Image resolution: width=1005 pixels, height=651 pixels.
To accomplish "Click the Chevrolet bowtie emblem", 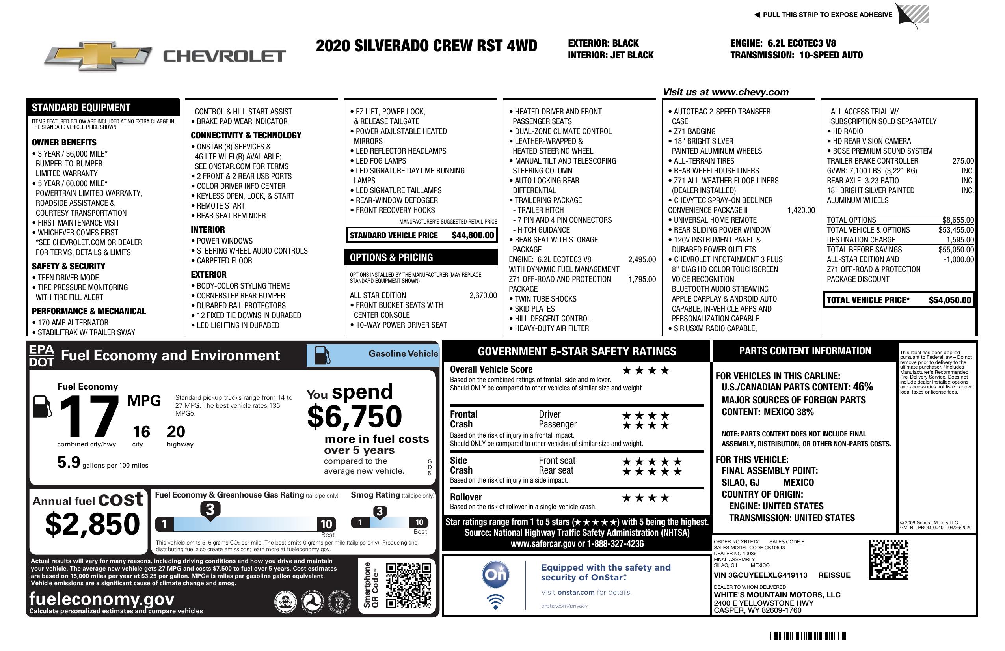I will click(98, 56).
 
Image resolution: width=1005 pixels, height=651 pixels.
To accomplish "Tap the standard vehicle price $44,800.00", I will click(473, 235).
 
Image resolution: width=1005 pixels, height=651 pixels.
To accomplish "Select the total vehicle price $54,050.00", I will click(950, 300).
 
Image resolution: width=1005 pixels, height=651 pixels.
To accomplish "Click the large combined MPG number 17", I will click(89, 416).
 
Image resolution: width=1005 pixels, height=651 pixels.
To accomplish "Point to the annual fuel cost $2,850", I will click(92, 524).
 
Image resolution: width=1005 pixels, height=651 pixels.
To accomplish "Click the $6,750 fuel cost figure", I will click(355, 416).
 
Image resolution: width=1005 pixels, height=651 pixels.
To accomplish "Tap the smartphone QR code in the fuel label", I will click(408, 585).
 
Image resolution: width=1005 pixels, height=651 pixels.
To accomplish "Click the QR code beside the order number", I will click(888, 560).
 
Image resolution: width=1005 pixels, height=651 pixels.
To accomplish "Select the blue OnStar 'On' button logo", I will click(495, 575).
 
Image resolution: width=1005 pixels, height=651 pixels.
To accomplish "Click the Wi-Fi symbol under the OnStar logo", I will click(495, 601).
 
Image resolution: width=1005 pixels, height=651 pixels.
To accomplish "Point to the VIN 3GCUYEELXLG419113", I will click(760, 575).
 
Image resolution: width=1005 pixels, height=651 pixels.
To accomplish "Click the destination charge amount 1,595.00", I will click(960, 239).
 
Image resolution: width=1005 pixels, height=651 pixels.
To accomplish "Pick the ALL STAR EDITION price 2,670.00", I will click(483, 295).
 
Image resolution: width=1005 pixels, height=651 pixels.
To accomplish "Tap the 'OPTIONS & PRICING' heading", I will click(391, 257).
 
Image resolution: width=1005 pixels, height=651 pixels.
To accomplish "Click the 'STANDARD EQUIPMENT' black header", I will click(81, 107).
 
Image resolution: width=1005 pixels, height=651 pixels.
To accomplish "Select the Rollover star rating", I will click(646, 498).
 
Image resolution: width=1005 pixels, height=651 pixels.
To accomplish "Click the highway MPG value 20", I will click(176, 432).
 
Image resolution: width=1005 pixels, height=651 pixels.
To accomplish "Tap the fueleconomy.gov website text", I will click(102, 599).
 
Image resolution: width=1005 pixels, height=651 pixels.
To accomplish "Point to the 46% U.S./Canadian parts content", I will click(862, 386).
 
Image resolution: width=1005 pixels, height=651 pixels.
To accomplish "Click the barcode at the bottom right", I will click(808, 636).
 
